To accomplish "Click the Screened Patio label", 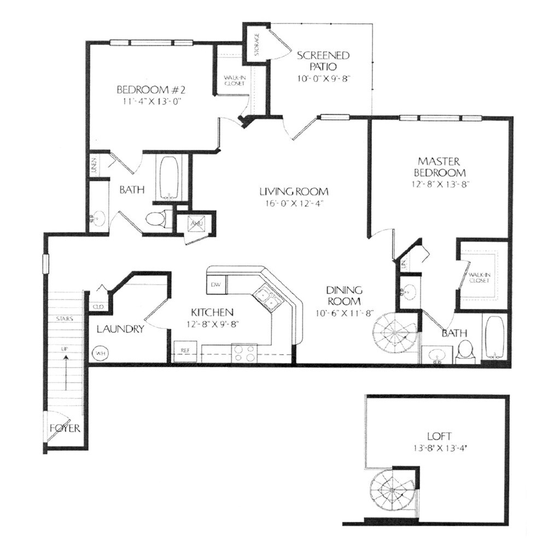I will (323, 61).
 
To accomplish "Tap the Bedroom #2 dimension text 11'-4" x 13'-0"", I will (149, 101).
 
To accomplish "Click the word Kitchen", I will (212, 312).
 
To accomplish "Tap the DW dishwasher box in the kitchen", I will (215, 284).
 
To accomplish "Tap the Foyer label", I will (65, 428).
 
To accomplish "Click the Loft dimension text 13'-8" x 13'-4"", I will (440, 447).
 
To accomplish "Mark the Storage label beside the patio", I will (256, 44).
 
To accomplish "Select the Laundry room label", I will (120, 329).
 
